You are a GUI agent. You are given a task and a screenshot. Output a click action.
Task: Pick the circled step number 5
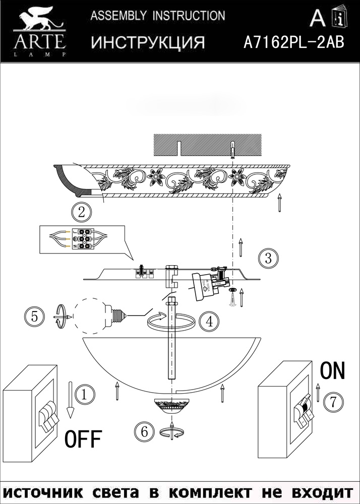click(x=34, y=317)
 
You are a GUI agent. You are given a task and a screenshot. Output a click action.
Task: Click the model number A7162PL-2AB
click(x=293, y=43)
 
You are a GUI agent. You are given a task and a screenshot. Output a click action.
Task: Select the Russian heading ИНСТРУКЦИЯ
click(x=148, y=43)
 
